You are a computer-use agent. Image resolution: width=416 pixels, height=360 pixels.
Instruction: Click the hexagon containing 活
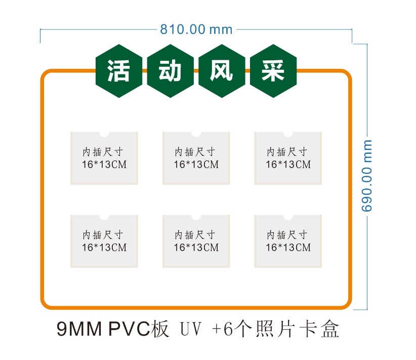point(119,71)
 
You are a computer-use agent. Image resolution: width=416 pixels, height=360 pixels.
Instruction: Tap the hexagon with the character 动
point(171,71)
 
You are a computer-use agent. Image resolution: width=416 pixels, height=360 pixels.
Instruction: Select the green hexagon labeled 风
point(222,71)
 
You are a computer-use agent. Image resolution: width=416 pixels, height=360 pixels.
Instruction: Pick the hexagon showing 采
point(273,71)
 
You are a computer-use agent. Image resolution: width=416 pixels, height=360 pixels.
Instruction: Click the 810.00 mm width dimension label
point(196,29)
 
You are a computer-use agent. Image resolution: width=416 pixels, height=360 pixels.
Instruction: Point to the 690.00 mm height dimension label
point(366,176)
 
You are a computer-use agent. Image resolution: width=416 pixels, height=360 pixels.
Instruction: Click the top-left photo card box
point(104,158)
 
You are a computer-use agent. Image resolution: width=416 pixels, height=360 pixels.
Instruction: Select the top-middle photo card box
point(196,158)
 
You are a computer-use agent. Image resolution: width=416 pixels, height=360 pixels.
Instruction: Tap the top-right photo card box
point(288,158)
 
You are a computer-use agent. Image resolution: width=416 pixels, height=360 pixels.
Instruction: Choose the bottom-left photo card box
point(104,241)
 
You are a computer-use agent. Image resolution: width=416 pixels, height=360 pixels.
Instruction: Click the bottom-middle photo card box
point(196,241)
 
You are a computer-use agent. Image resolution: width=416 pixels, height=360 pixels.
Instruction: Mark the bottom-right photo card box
point(288,241)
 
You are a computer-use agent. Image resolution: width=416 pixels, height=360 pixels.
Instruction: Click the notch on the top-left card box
point(104,134)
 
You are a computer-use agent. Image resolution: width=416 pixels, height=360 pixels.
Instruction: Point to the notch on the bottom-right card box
point(288,217)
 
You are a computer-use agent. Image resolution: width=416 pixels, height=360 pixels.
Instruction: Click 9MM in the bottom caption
point(79,329)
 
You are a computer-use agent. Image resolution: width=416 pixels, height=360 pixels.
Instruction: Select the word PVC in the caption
point(130,329)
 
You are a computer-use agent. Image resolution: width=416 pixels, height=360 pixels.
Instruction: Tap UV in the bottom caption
point(191,329)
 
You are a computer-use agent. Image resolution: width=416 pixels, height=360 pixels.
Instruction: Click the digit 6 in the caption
point(228,329)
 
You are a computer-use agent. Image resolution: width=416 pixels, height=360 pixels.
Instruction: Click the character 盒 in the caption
point(330,329)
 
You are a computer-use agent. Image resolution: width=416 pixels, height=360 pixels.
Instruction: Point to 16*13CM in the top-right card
point(288,165)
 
